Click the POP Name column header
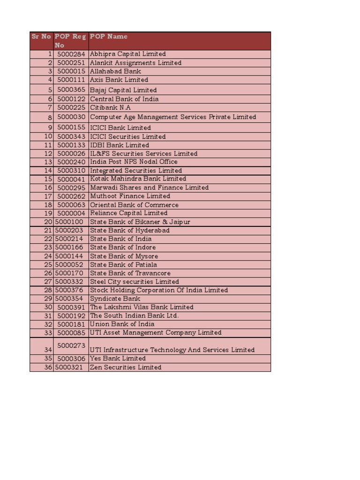109,37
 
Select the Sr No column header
41,37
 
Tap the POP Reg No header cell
70,41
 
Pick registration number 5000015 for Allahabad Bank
71,71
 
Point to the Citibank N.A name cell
111,107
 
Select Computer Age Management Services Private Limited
173,117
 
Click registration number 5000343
71,136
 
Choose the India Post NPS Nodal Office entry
134,162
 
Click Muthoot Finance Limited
130,196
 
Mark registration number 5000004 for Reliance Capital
71,213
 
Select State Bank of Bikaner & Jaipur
140,222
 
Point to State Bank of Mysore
124,256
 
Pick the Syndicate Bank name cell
114,299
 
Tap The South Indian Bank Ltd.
135,315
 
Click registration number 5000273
71,345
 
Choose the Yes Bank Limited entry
118,359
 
